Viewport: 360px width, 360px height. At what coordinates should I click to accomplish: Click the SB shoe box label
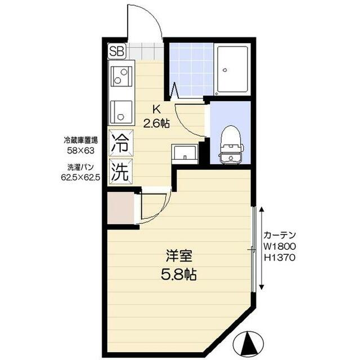(116, 50)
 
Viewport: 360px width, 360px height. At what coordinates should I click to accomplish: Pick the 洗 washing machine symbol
(120, 170)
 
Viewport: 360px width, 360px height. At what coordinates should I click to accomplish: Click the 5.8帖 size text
(179, 275)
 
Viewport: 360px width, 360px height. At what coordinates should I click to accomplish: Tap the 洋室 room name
(179, 256)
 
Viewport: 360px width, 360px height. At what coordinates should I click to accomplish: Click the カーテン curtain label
(280, 235)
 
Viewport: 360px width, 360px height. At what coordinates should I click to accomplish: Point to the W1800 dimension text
(280, 246)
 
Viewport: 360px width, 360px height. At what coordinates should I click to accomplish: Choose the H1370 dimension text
(280, 258)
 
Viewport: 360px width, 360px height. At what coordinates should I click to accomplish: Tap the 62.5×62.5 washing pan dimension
(80, 176)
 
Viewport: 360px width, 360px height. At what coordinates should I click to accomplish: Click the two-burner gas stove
(121, 75)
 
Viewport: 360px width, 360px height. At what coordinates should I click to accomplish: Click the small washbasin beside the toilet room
(185, 152)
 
